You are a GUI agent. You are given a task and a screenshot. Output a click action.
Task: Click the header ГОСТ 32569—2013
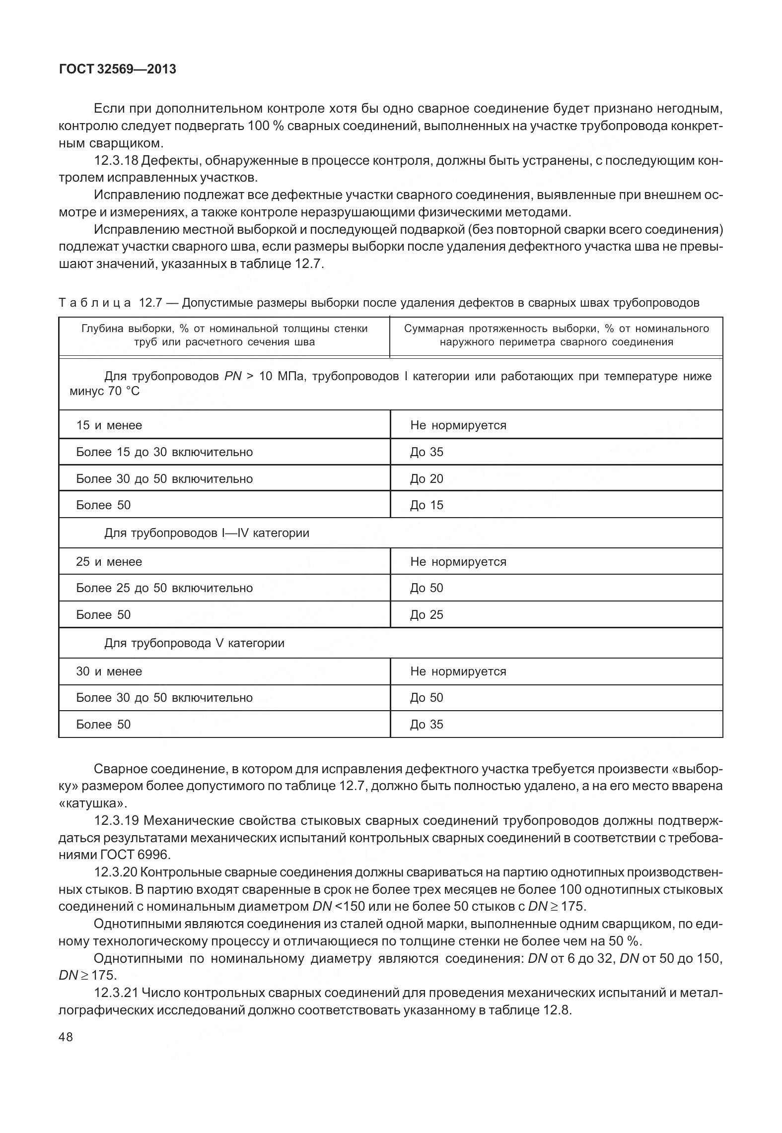tap(117, 69)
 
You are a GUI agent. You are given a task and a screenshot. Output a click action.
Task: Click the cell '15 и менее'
tap(109, 425)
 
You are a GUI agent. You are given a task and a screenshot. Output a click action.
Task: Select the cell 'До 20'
tap(427, 479)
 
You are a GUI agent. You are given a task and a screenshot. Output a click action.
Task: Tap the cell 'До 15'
tap(427, 505)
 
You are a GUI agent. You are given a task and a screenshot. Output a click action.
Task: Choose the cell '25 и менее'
tap(109, 562)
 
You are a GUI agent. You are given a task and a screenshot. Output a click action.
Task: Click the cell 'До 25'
tap(427, 615)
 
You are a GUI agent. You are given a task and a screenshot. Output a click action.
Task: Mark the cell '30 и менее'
tap(109, 671)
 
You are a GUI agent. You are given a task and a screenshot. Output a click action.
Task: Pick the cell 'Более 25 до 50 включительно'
tap(164, 588)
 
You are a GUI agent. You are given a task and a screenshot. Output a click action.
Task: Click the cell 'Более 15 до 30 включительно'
tap(164, 452)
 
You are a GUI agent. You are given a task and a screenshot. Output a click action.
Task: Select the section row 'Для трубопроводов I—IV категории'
tap(207, 533)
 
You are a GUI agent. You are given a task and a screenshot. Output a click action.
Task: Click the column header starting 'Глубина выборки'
tap(224, 335)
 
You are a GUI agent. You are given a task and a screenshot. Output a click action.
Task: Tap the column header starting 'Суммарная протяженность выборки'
tap(556, 335)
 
